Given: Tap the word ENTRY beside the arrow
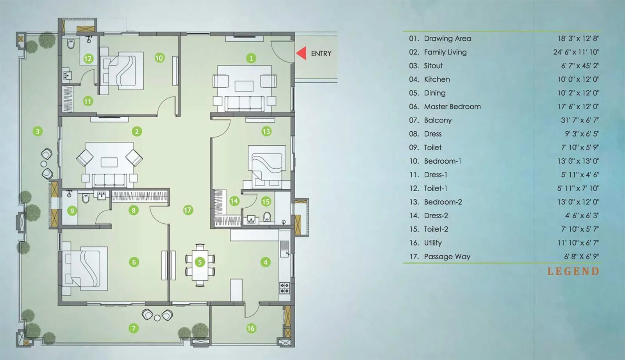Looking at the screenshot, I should [321, 53].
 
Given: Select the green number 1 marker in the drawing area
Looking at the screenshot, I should [251, 59].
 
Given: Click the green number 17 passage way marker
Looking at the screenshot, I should [188, 210].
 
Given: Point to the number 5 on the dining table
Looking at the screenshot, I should [200, 262].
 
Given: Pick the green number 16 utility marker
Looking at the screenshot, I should [251, 328].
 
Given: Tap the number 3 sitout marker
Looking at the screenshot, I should [37, 131].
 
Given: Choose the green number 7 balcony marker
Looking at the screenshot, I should [134, 328].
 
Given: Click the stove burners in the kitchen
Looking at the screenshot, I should [284, 288].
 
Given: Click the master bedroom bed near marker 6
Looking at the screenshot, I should [85, 268].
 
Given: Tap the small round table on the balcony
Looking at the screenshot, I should [157, 318].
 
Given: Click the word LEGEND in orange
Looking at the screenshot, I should [573, 271].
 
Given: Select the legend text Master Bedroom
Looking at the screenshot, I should [452, 107].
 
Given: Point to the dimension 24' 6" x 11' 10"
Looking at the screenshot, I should [576, 52].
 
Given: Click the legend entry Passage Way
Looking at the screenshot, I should [447, 257].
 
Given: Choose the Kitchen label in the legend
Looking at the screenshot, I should [437, 79].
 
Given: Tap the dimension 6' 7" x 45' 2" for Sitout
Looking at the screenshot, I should [580, 66].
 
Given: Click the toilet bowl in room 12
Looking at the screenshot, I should [71, 44].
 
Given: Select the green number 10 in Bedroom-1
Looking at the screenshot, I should [159, 58].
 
